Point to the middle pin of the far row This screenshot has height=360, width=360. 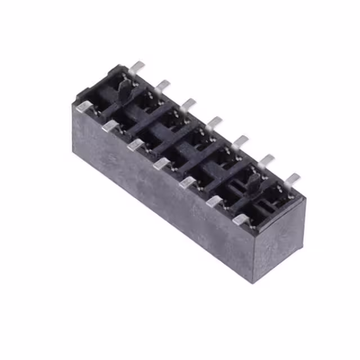pos(214,121)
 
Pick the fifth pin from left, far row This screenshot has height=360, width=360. pos(240,141)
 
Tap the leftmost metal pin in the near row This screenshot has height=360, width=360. pos(84,106)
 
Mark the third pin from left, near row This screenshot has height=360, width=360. pos(136,145)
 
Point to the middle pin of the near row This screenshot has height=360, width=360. pos(162,164)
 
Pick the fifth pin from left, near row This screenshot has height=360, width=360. pos(188,182)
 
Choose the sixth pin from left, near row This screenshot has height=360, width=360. pos(214,201)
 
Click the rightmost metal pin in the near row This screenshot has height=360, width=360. pos(241,219)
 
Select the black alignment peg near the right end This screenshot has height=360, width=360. pos(254,181)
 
